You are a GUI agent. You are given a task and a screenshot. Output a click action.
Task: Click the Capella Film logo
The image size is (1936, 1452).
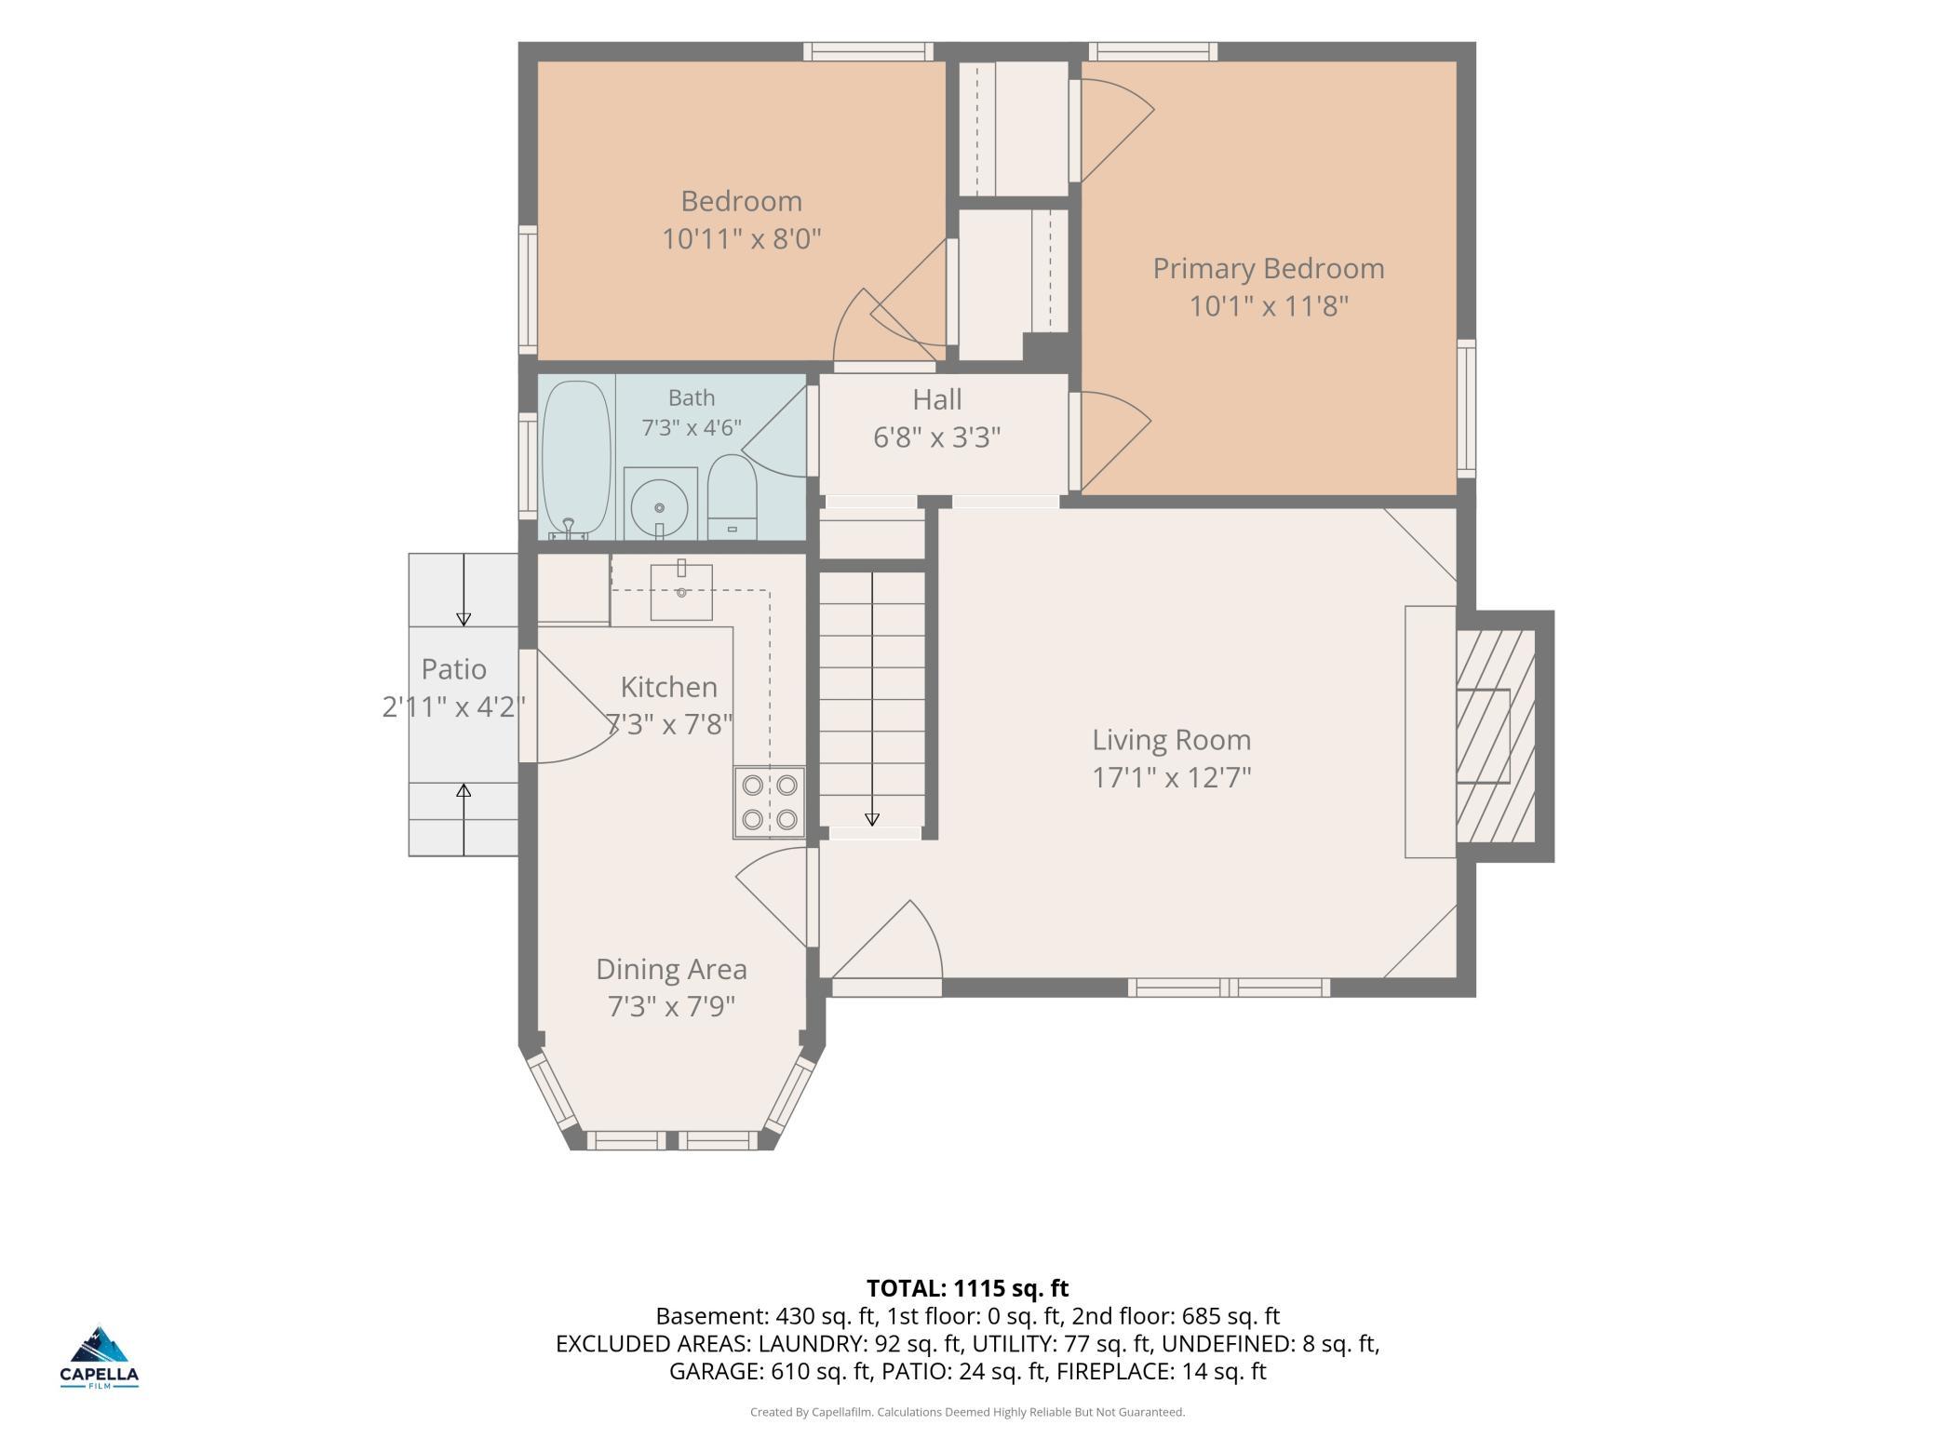tap(100, 1357)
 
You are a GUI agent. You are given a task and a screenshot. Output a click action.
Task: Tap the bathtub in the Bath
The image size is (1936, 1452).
tap(576, 458)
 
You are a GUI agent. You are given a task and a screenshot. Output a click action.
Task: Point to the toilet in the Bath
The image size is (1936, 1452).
tap(733, 496)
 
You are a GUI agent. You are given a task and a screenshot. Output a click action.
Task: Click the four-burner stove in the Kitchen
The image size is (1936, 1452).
tap(770, 801)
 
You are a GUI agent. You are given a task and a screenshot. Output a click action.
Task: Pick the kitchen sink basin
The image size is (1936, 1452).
tap(681, 592)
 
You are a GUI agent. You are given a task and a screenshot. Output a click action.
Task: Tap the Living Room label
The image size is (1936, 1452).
tap(1171, 740)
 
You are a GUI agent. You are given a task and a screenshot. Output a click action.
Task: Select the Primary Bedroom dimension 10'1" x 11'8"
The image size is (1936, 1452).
tap(1269, 305)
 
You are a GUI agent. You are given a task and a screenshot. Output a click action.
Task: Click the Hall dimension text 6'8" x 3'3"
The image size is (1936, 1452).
tap(936, 437)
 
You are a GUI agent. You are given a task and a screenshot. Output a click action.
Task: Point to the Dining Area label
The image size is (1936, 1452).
tap(671, 969)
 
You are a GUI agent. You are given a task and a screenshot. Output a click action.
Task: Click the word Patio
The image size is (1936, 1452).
tap(453, 669)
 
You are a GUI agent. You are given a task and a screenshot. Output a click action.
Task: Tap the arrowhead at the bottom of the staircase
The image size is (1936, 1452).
tap(872, 819)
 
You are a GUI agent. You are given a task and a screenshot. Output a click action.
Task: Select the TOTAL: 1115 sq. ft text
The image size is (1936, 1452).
tap(967, 1288)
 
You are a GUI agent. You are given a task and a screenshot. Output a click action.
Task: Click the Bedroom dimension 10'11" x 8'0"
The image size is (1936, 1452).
tap(741, 239)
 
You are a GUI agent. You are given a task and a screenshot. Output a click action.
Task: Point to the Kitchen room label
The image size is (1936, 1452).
tap(668, 687)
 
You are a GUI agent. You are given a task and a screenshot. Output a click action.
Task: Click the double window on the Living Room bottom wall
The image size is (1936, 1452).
tap(1230, 988)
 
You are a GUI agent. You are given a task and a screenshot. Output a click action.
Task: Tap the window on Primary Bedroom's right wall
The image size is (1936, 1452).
tap(1466, 409)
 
